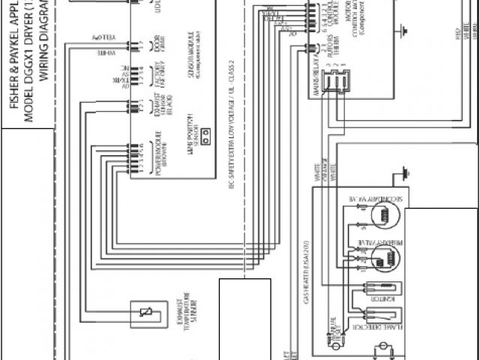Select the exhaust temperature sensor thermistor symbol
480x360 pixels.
click(143, 312)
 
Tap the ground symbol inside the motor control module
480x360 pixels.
click(403, 31)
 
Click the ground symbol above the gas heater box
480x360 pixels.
click(406, 172)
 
